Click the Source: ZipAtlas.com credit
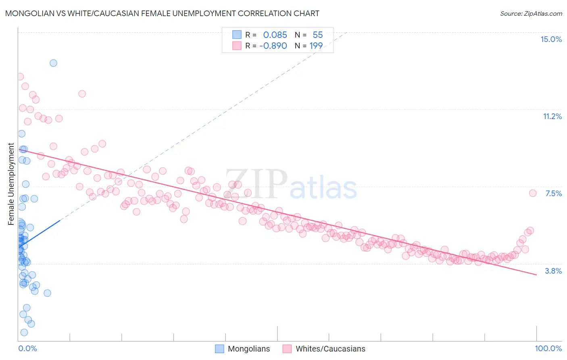(x=531, y=14)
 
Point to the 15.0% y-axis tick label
(x=551, y=39)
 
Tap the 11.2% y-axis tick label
(x=552, y=116)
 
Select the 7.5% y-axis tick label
(x=553, y=193)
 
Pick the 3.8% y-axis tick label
(x=553, y=271)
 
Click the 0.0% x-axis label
(x=27, y=348)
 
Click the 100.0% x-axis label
(x=548, y=348)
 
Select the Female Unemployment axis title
(x=11, y=184)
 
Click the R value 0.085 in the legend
(x=275, y=35)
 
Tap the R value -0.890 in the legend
(x=273, y=46)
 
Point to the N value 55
(x=318, y=35)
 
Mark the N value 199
(x=316, y=46)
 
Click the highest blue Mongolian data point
(x=53, y=63)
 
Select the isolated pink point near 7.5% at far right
(x=533, y=193)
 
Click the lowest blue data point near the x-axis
(x=24, y=333)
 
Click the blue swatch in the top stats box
(x=237, y=35)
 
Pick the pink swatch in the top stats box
(x=237, y=46)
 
